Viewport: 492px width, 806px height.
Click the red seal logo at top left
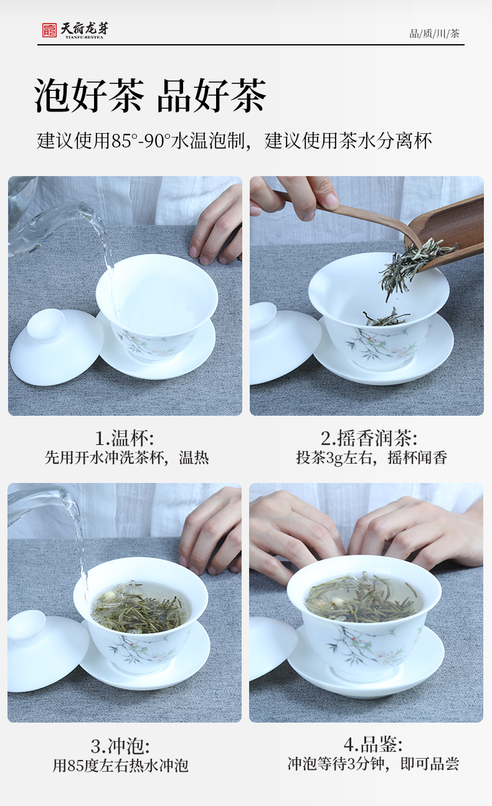click(x=49, y=30)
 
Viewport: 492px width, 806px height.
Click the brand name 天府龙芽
click(x=84, y=29)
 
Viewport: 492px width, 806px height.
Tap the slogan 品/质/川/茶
click(x=434, y=34)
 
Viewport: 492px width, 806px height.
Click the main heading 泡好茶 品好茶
click(x=150, y=96)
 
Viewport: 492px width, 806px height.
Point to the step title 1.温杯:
click(x=125, y=438)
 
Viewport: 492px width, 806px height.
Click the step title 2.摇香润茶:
click(x=369, y=438)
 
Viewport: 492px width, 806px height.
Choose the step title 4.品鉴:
click(x=373, y=744)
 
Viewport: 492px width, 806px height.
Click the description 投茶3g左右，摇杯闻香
click(x=372, y=457)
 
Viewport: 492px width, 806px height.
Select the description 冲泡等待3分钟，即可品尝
click(x=373, y=764)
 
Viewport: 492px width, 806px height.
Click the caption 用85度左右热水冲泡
click(x=120, y=766)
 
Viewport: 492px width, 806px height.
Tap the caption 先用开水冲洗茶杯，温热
click(x=127, y=457)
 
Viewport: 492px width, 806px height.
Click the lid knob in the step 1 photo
click(x=45, y=324)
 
